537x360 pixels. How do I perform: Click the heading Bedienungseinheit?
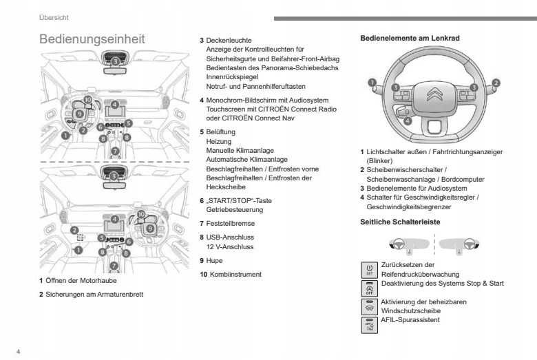point(92,39)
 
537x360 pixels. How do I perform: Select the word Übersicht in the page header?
point(54,17)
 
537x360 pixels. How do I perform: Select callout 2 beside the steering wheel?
point(495,83)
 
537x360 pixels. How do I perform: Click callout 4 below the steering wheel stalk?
point(408,121)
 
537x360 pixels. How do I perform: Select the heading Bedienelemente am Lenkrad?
point(410,39)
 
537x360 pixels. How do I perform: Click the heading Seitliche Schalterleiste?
point(400,222)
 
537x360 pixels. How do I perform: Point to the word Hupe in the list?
point(214,261)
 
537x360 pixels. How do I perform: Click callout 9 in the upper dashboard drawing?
point(80,113)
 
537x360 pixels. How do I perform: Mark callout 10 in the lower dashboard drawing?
point(142,215)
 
